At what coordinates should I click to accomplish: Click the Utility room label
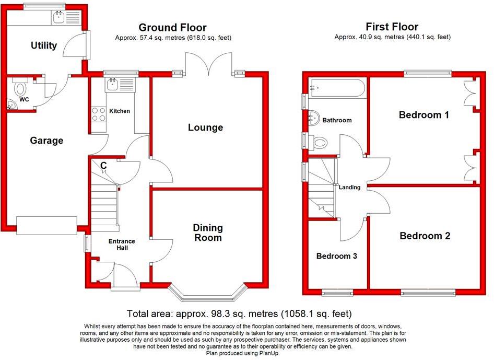44,45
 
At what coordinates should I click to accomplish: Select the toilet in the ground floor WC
21,88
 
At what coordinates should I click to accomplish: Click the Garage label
46,141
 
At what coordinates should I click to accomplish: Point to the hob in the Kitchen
98,114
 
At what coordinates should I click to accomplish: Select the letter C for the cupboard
103,166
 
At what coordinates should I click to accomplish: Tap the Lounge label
206,127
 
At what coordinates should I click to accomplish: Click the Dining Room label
208,233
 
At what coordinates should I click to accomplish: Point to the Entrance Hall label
122,245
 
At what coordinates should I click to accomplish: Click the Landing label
349,187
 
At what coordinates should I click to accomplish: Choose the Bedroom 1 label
424,115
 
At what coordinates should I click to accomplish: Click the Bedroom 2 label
425,236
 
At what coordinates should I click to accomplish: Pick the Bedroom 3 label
337,256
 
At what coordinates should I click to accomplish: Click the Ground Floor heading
172,28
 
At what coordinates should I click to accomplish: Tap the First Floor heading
392,27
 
